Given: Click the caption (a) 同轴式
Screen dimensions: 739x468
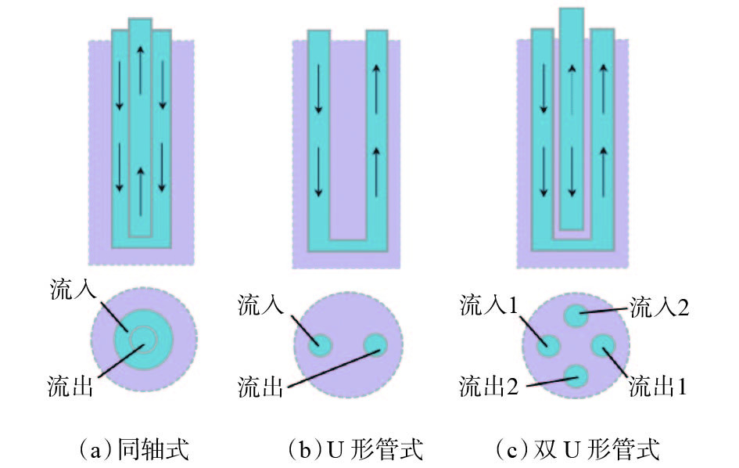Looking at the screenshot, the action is point(135,448).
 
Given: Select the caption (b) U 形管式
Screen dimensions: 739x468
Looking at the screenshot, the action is point(355,448).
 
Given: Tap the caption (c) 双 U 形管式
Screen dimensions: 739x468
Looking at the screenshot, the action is point(578,448).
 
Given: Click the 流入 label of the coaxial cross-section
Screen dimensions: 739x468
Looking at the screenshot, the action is point(73,289).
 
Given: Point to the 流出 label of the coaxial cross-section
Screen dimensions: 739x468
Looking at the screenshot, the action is point(70,386).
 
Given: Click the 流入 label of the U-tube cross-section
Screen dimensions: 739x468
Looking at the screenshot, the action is point(260,304).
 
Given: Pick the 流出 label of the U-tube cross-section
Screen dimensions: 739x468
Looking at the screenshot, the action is point(260,387).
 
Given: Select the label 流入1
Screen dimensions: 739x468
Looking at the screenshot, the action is point(489,305).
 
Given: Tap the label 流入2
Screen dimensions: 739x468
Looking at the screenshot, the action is point(659,308).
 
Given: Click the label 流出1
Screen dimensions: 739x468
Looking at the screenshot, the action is point(658,387).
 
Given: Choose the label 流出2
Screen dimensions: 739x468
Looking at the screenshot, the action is point(489,387).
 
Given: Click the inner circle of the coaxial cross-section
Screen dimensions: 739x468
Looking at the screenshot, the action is point(143,339).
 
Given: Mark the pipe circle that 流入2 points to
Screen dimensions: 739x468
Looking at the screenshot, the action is point(576,315).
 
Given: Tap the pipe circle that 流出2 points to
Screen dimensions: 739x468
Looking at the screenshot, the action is point(576,376).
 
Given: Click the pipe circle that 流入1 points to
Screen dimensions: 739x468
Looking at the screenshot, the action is point(549,346).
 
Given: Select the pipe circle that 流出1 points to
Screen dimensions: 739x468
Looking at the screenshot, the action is point(603,346).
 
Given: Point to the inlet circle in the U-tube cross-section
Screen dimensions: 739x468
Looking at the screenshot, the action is point(320,345).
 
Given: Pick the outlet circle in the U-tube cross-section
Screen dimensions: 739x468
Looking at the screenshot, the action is point(375,345).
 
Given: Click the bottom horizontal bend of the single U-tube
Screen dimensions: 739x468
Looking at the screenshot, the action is point(348,245).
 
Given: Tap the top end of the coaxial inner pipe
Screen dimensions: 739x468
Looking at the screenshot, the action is point(141,20).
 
